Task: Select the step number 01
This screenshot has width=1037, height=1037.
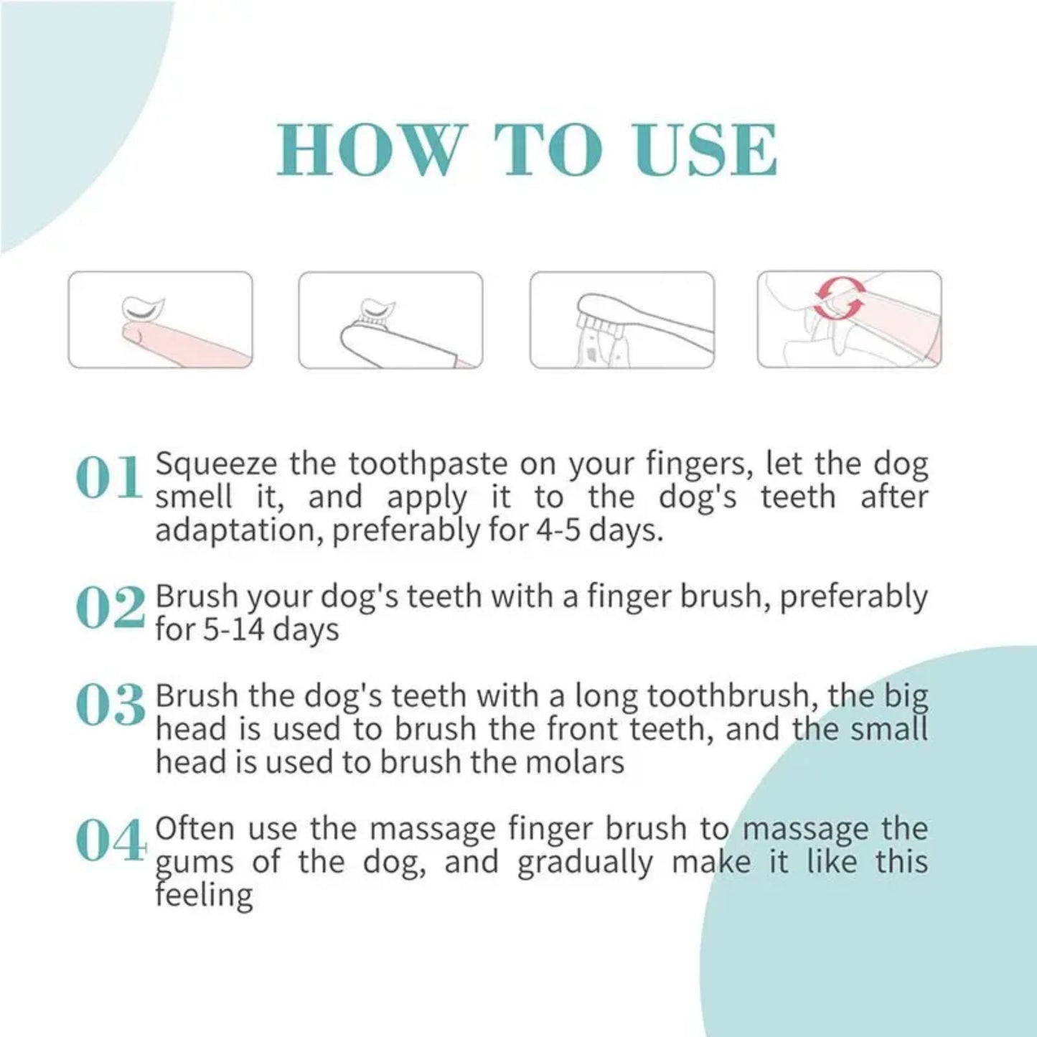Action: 109,479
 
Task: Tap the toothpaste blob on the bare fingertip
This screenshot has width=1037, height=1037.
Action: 143,309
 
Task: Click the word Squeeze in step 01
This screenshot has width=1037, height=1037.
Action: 216,464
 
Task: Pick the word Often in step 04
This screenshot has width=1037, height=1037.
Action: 194,829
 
